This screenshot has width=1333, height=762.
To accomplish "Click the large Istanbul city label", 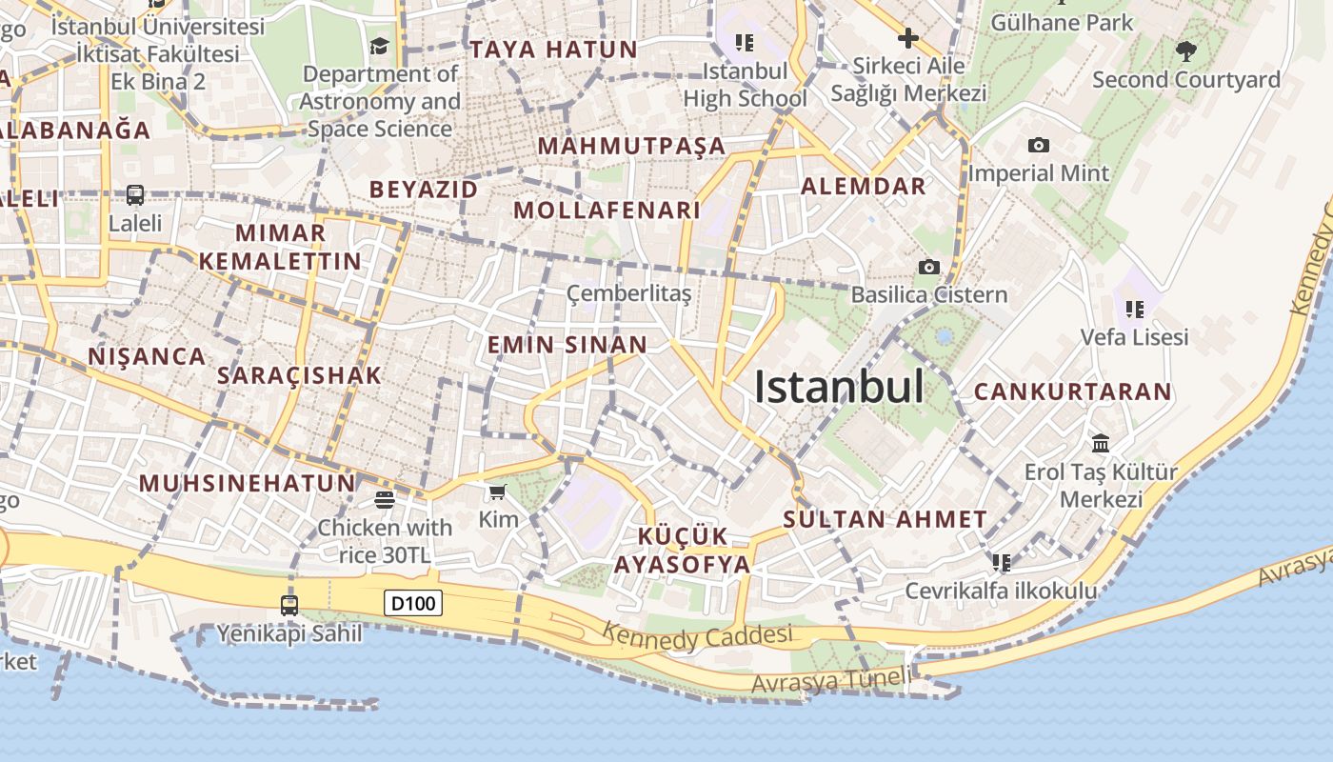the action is point(839,387).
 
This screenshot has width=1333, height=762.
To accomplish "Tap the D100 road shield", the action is point(413,602).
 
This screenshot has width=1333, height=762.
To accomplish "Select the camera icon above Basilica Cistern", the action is point(928,267).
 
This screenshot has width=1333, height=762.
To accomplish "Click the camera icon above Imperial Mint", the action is point(1039,146).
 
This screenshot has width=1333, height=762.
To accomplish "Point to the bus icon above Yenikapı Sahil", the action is point(289,605).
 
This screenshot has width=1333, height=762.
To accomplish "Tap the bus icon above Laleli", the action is point(135,195).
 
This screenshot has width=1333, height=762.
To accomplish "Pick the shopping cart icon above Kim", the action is point(497,491).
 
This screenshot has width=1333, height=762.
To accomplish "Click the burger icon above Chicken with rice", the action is point(385,499).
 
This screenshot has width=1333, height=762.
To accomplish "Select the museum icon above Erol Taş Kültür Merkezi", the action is point(1102,443).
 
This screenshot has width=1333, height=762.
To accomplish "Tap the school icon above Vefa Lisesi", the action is point(1134,309).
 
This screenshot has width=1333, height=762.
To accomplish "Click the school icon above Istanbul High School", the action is point(745,42).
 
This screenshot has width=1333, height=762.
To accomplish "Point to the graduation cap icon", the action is point(380,46).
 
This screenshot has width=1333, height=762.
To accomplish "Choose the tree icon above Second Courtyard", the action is point(1185,51).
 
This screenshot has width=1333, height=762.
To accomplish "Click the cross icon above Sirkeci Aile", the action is point(907,38).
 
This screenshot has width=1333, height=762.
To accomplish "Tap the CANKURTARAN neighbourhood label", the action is point(1072,391).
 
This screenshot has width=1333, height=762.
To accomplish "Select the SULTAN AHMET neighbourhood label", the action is point(885,519).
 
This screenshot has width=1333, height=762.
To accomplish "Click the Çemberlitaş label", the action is point(628,293).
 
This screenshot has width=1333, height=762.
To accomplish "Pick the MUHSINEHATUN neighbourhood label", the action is point(247,483).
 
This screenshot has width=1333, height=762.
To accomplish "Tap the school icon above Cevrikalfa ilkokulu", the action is point(1001,563).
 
